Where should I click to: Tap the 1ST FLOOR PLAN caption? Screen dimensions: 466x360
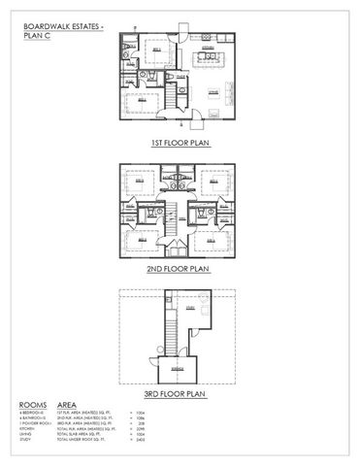[x=180, y=142]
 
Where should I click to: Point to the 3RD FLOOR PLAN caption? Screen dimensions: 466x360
[x=180, y=394]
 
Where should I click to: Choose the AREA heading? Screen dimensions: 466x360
[x=68, y=404]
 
